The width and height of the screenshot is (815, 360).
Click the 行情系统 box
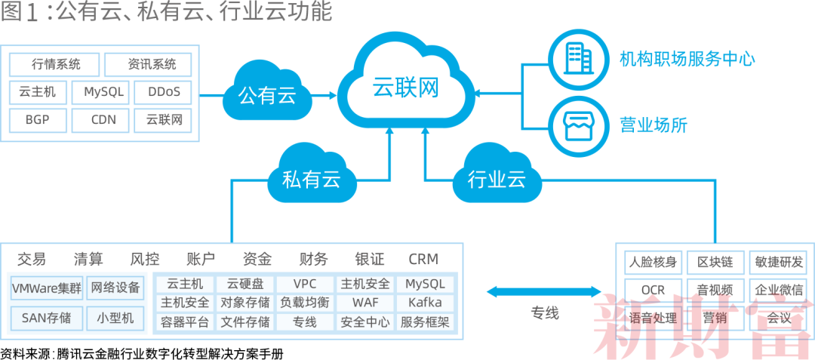tap(56, 64)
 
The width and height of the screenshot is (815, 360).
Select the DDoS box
tap(163, 92)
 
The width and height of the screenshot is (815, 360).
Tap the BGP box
tap(38, 119)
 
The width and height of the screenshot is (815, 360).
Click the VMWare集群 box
tap(47, 288)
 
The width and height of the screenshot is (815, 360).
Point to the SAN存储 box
tap(47, 318)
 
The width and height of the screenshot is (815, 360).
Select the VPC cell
tap(304, 284)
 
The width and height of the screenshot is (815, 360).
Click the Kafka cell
tap(425, 303)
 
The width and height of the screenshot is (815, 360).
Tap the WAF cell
tap(365, 303)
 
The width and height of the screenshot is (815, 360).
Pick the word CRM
tap(423, 259)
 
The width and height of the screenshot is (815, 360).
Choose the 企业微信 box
tap(779, 290)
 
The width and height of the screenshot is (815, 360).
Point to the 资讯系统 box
tap(147, 64)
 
